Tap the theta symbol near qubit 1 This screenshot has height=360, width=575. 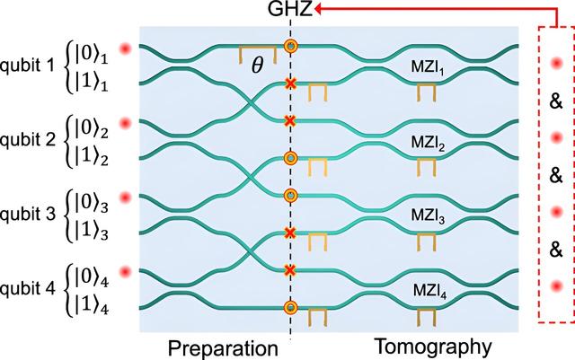(x=258, y=66)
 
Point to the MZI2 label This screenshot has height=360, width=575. (x=424, y=141)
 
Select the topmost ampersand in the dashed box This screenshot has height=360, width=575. (x=556, y=101)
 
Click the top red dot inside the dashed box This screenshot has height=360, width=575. (x=556, y=64)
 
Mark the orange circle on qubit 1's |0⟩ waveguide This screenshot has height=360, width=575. (x=289, y=46)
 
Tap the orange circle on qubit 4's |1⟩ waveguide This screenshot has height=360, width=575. (x=289, y=306)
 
